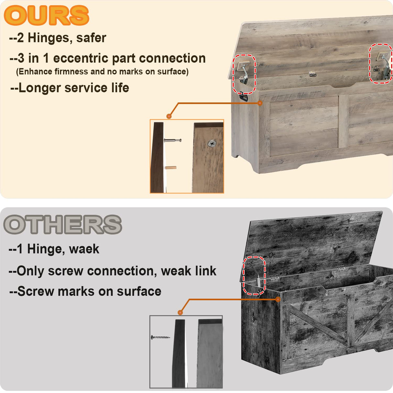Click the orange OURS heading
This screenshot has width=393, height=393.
coord(46,16)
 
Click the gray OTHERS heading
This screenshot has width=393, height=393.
coord(62,224)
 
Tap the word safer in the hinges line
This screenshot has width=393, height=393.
coord(91,38)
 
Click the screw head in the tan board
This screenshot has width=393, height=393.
coord(212,143)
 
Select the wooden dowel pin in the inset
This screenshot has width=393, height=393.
coord(171,168)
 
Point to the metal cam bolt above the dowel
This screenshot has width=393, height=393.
coord(173,140)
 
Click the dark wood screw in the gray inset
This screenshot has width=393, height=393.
coord(161,337)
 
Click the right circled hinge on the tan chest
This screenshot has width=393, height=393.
coord(381,63)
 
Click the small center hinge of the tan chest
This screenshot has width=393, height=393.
coord(312,74)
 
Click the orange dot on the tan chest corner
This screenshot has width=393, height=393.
coord(260,103)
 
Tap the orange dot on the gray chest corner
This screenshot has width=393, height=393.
coord(278,299)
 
